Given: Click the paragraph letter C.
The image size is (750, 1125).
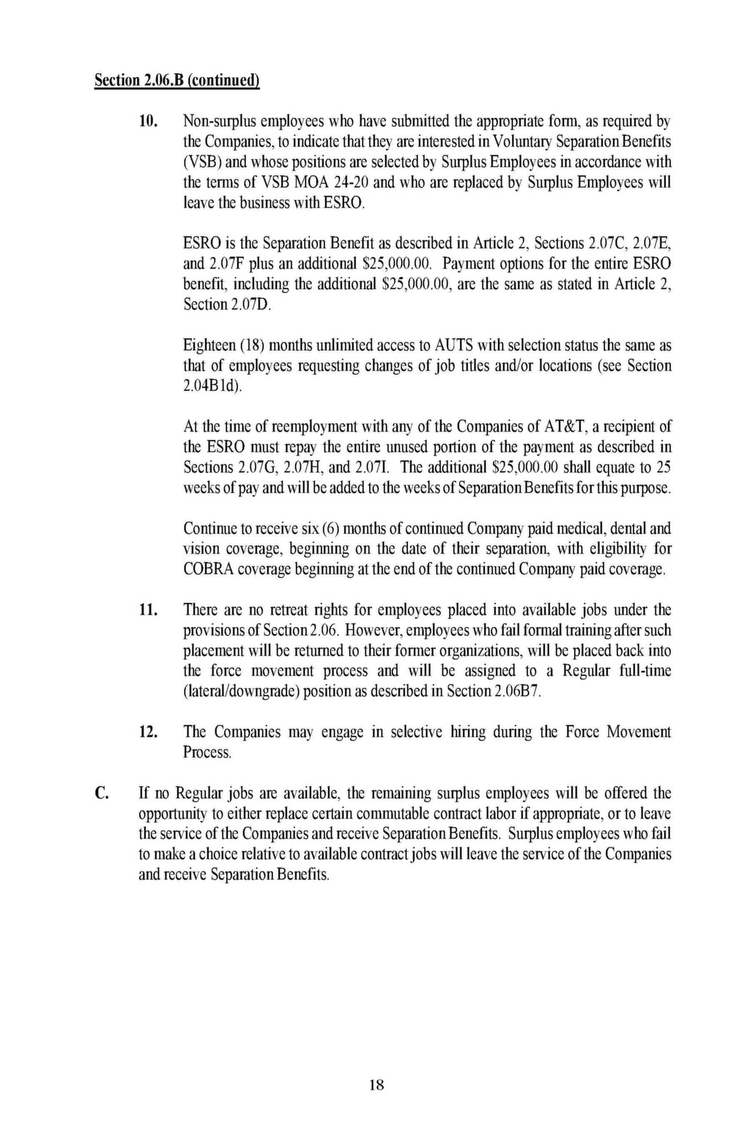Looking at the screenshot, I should [x=103, y=792].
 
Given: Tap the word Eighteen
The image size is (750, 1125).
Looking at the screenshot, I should [x=209, y=345].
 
